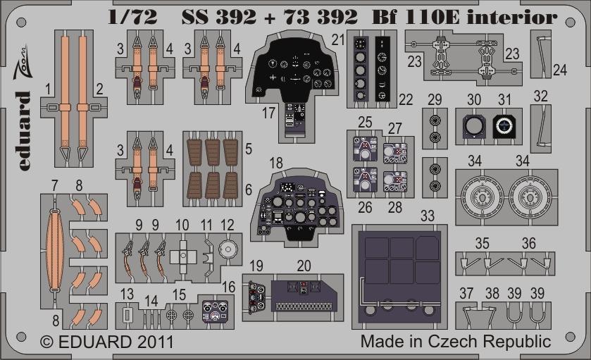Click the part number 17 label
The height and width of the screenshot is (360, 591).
pos(268,113)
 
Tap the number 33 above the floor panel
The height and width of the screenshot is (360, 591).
pos(428,216)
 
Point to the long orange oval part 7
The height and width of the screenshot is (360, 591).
pos(55,250)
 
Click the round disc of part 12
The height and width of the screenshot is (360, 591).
pos(228,249)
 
